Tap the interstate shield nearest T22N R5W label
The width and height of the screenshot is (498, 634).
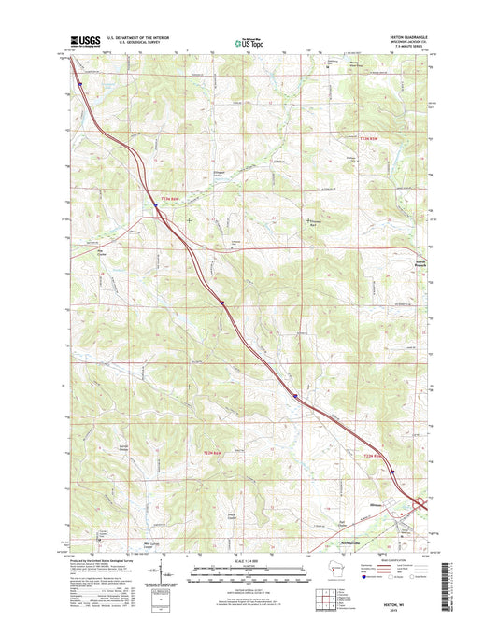pyautogui.click(x=392, y=472)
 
